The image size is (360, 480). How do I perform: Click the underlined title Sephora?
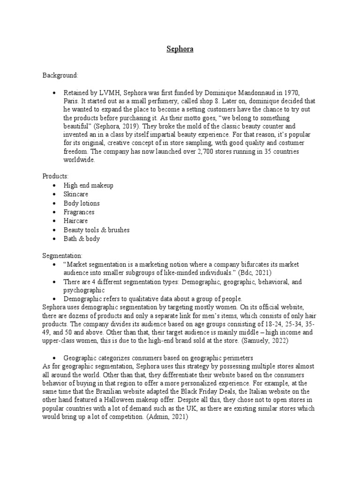(180, 48)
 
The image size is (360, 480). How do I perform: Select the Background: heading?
(60, 75)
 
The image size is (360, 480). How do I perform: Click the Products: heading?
(55, 176)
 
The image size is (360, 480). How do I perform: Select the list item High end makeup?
(89, 185)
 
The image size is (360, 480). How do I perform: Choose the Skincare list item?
(76, 194)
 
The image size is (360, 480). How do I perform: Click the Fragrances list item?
(79, 212)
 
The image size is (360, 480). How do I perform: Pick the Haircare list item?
(76, 221)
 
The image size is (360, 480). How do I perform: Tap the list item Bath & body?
(82, 239)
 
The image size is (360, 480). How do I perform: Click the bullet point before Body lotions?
(55, 203)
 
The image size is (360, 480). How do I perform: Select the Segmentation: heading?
(63, 256)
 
